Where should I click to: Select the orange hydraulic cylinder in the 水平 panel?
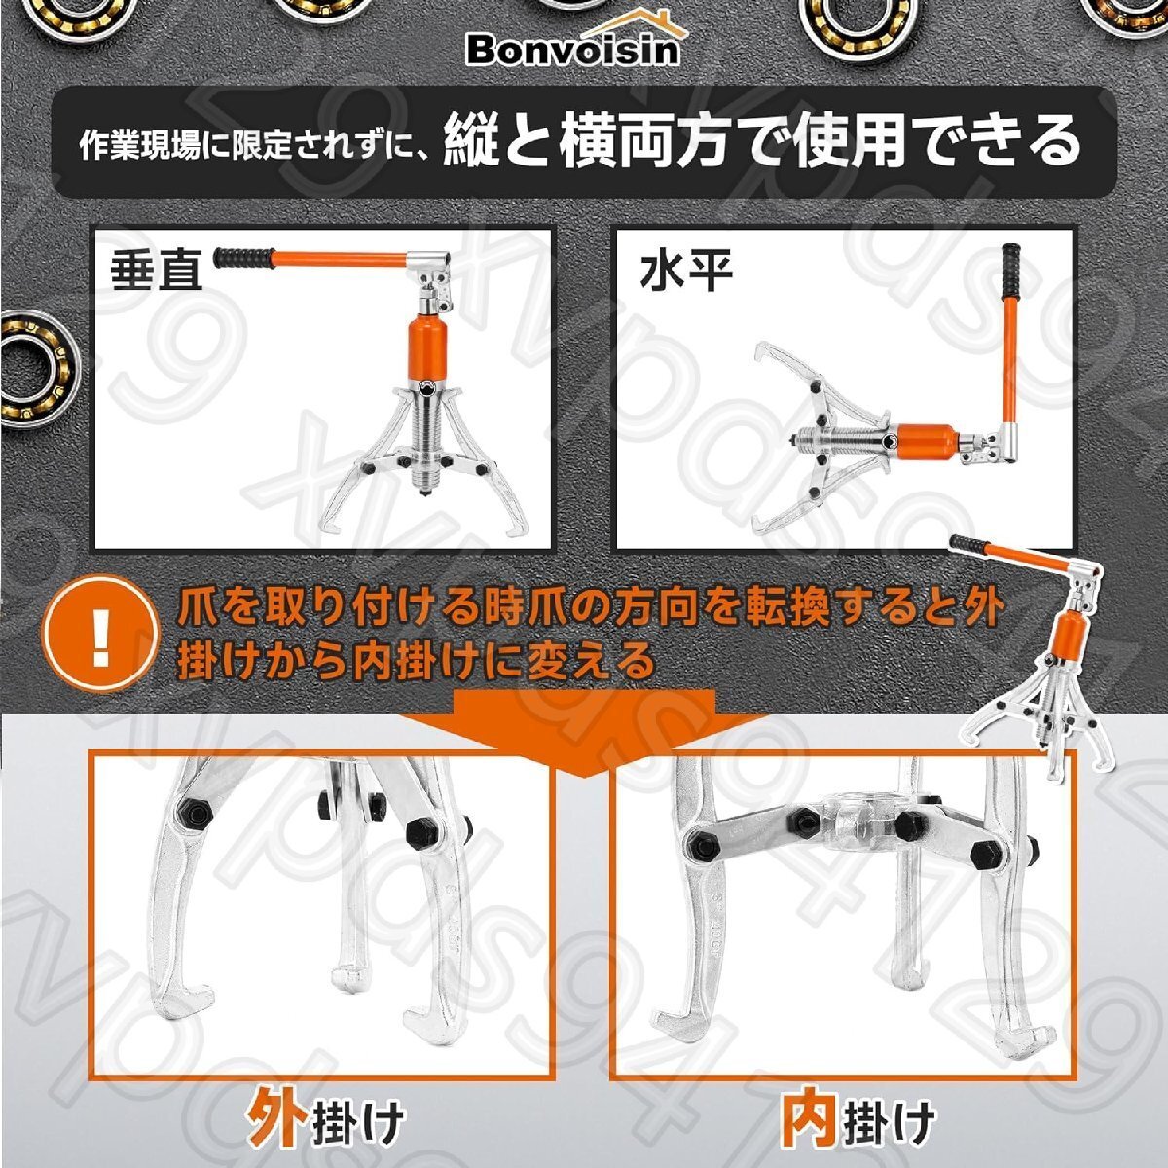(925, 443)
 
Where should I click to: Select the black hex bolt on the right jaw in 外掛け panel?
(422, 833)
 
